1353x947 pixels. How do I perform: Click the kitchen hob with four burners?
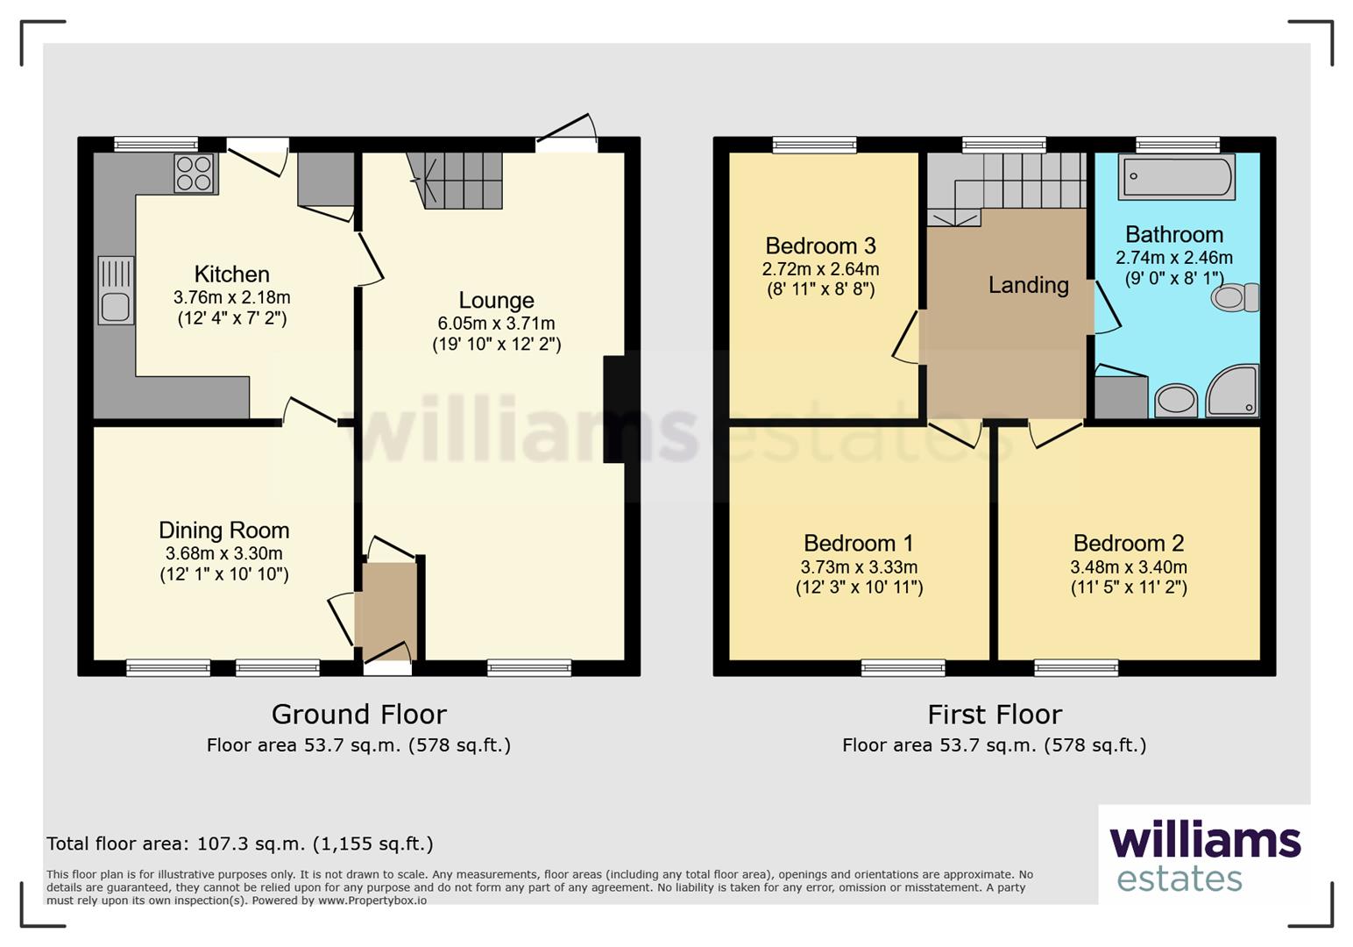coord(195,174)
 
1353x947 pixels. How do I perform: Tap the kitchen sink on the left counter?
coord(116,291)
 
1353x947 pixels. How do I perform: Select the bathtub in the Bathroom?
coord(1176,176)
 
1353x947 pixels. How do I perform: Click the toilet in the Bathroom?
coord(1235,297)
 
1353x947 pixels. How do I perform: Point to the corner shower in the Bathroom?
coord(1234,391)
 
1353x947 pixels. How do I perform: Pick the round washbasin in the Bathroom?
coord(1176,402)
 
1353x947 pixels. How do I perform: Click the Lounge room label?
coord(496,301)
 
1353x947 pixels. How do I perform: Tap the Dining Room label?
coord(223,530)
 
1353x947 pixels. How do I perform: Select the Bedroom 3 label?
coord(820,246)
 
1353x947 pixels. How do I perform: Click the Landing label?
coord(1028,285)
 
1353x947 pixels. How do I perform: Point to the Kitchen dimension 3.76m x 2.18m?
coord(231,298)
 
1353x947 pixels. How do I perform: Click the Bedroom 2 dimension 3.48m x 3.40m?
coord(1128,567)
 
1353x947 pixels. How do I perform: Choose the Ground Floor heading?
coord(358,715)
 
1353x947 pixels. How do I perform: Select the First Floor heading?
coord(994,715)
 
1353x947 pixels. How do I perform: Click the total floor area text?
coord(239,844)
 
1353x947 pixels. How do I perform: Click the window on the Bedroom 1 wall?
coord(903,668)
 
